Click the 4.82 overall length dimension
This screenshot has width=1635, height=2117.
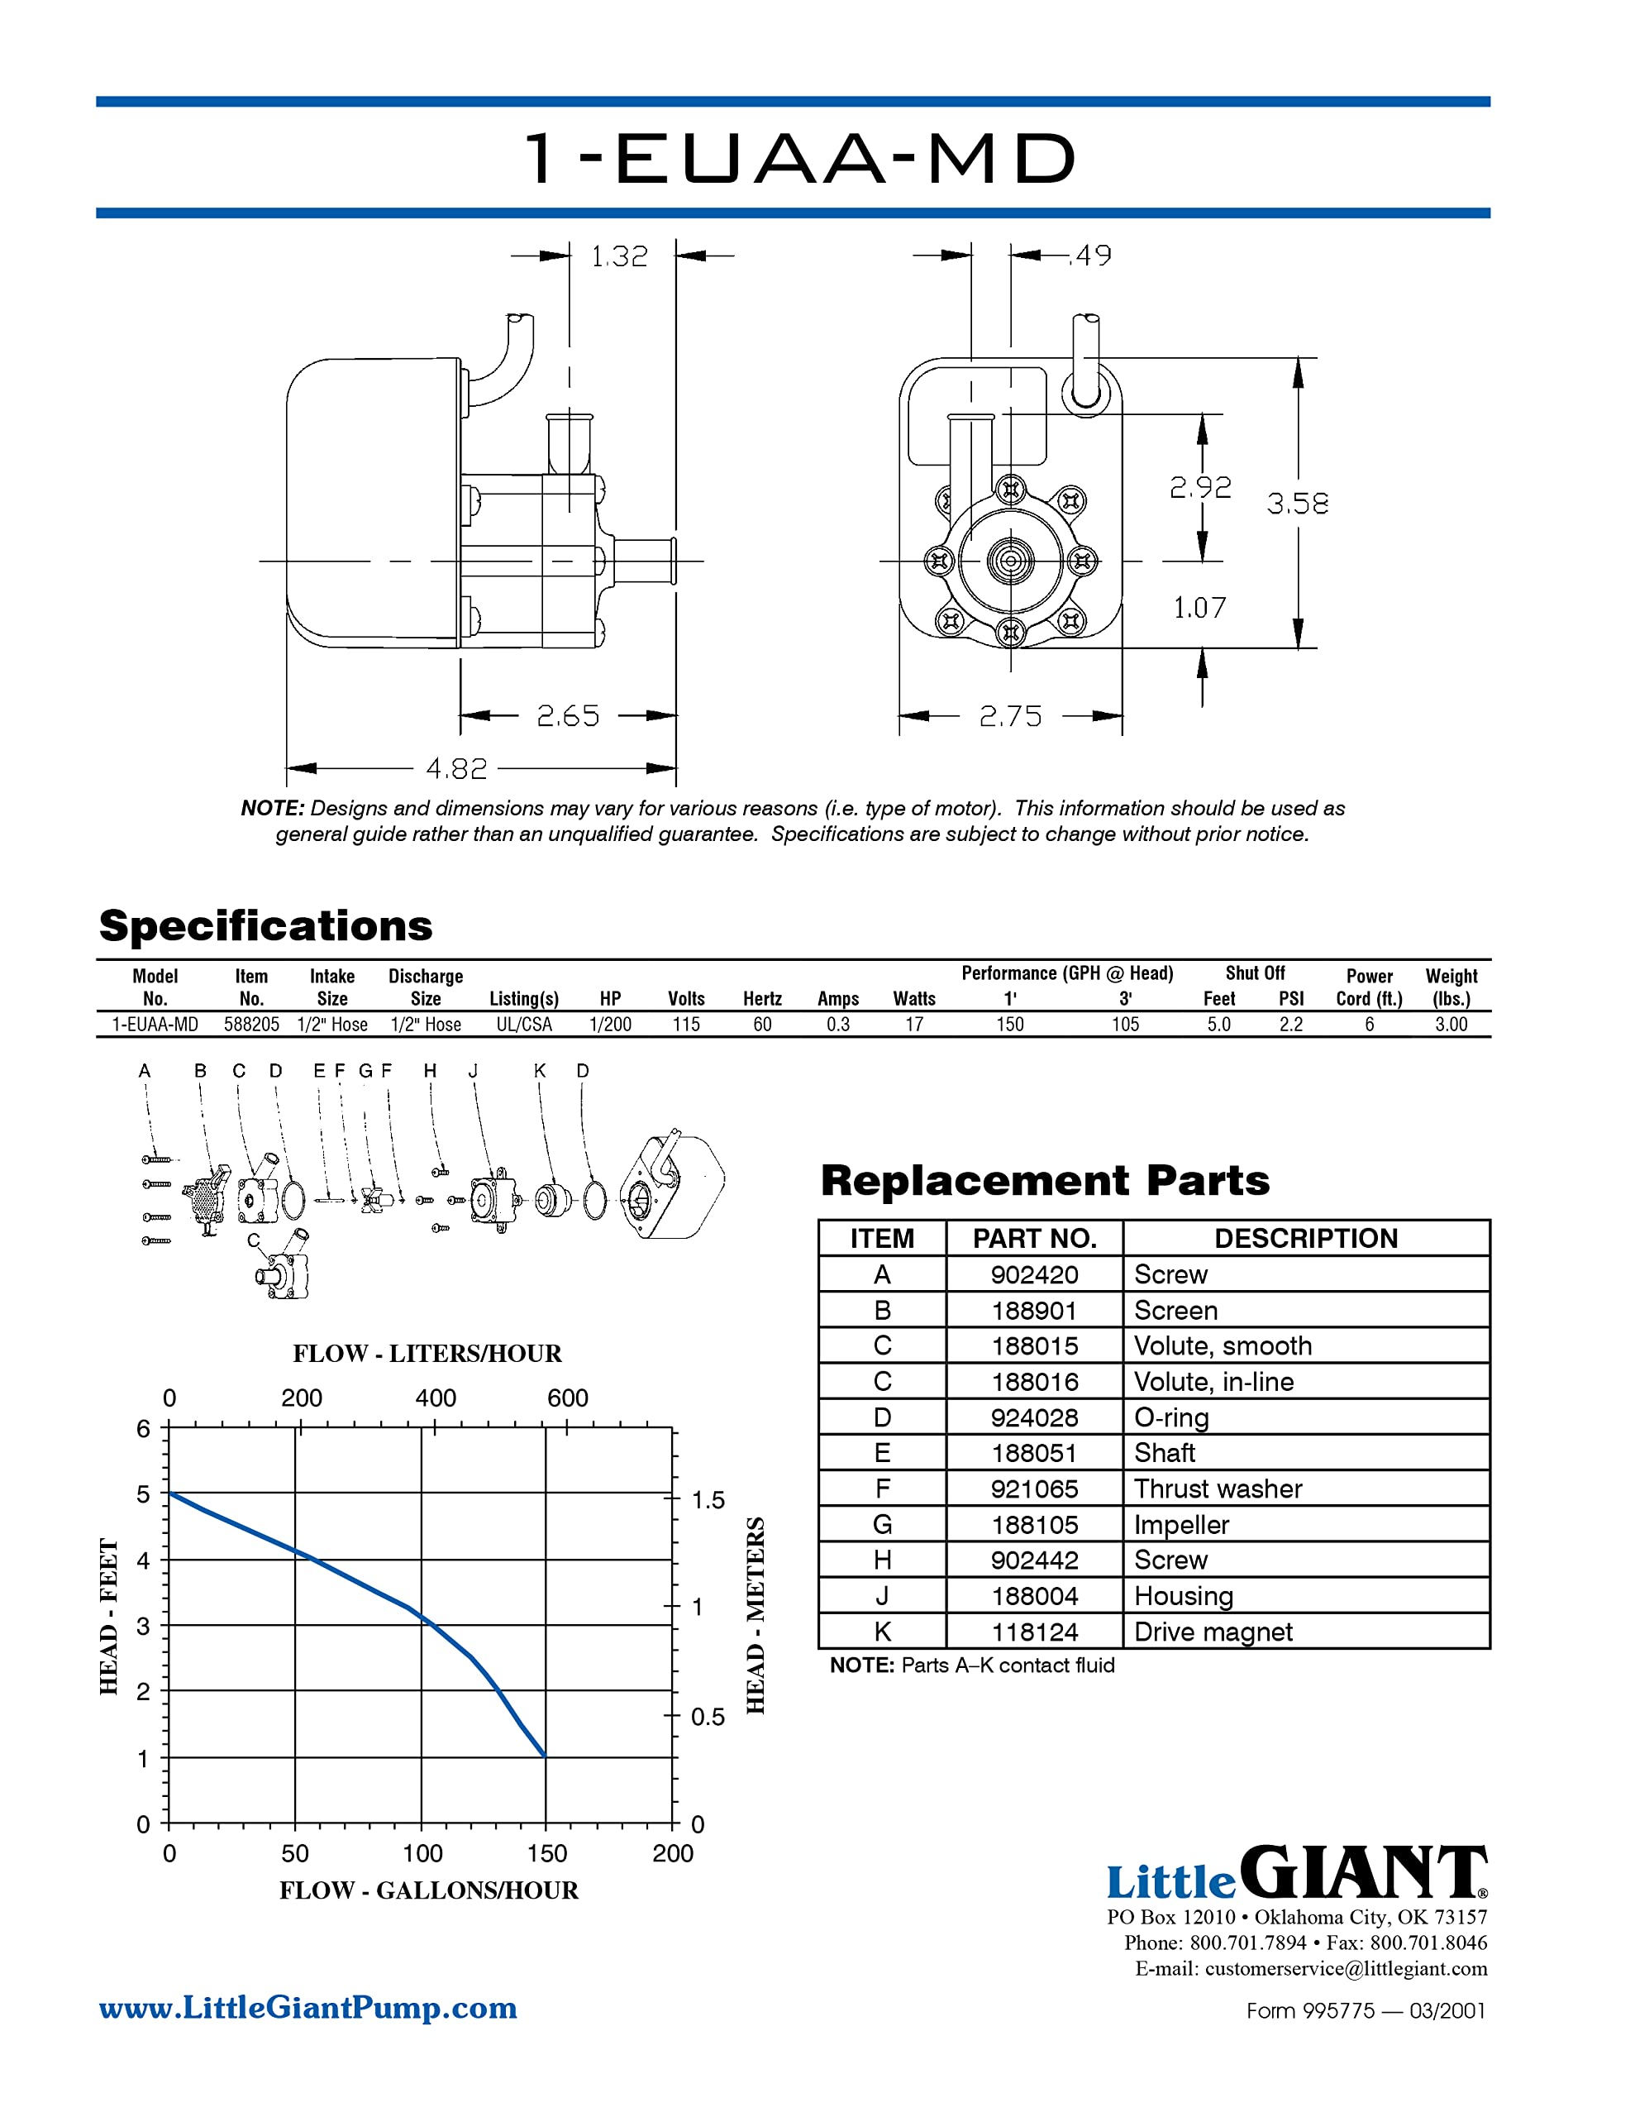coord(456,769)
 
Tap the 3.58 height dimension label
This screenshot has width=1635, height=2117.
coord(1297,503)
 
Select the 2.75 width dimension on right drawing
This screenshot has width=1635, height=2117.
coord(1010,716)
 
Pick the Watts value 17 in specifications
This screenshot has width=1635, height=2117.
coord(914,1025)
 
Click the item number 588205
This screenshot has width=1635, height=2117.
coord(251,1025)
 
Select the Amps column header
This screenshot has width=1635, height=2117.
coord(837,998)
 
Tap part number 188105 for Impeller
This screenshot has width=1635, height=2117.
coord(1034,1525)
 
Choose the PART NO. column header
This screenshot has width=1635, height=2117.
coord(1034,1239)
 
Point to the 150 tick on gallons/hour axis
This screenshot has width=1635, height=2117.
coord(546,1853)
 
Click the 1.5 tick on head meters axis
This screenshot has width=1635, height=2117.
coord(708,1501)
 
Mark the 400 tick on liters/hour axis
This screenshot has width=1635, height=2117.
coord(435,1398)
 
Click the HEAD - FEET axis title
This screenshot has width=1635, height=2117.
coord(108,1616)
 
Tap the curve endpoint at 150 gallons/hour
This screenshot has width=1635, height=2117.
coord(545,1756)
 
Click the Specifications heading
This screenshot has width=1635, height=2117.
coord(265,925)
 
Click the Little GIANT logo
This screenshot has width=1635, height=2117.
coord(1296,1875)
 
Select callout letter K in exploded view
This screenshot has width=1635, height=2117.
coord(540,1071)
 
